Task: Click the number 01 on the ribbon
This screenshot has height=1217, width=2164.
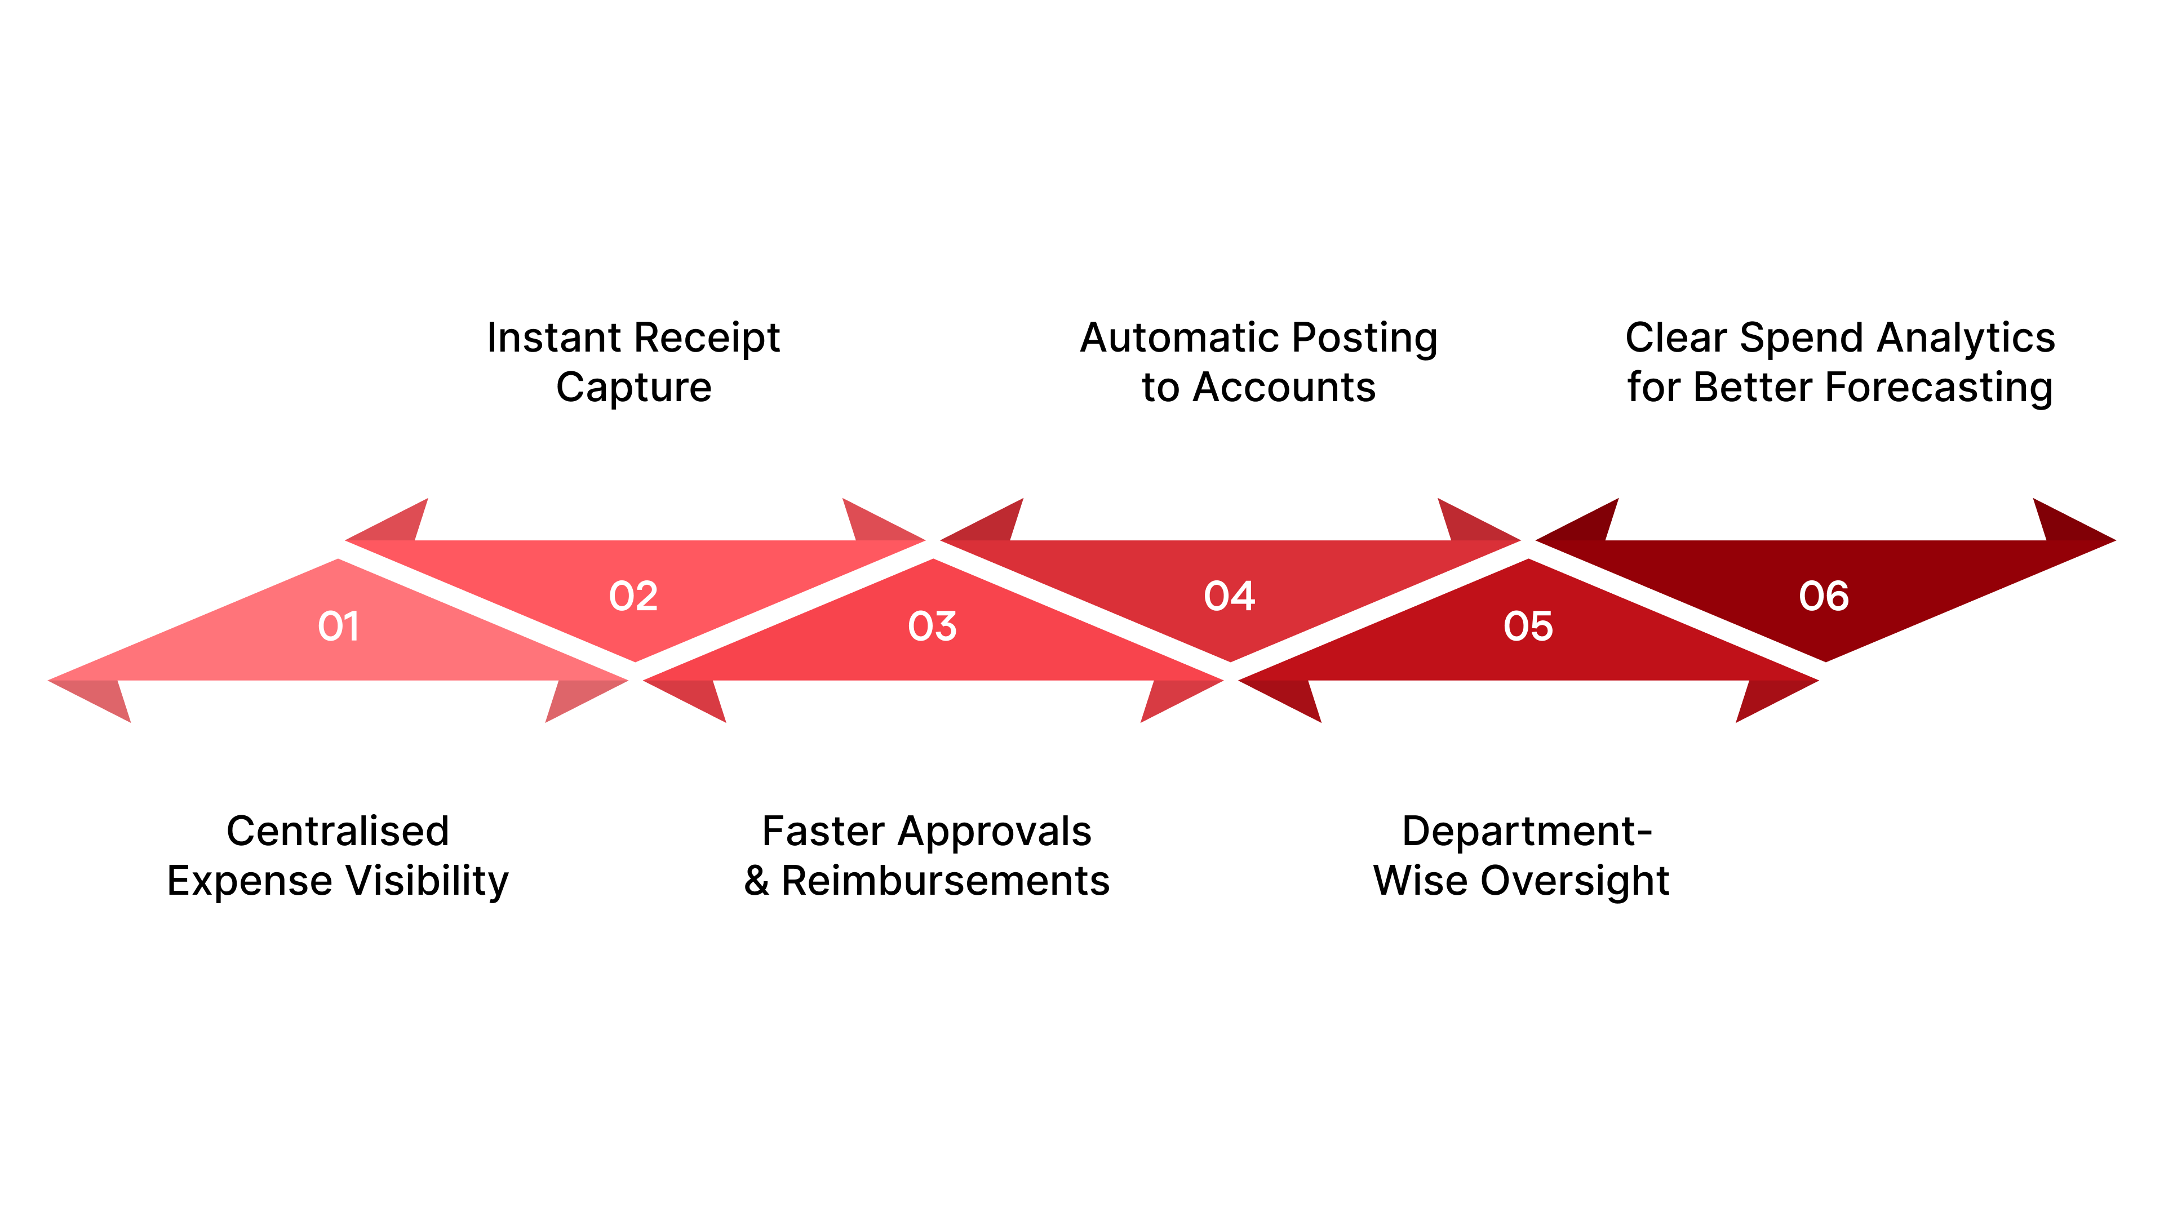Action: tap(339, 627)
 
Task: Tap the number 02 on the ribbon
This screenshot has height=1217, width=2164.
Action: tap(633, 596)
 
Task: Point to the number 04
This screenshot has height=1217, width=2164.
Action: tap(1229, 596)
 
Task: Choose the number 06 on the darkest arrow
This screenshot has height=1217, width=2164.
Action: tap(1824, 596)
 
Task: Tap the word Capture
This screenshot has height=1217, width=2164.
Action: tap(633, 387)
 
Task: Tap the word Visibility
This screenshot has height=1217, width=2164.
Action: tap(428, 881)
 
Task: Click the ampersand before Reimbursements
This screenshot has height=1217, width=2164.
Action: tap(756, 881)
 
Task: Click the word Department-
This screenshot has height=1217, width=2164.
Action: tap(1527, 832)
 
